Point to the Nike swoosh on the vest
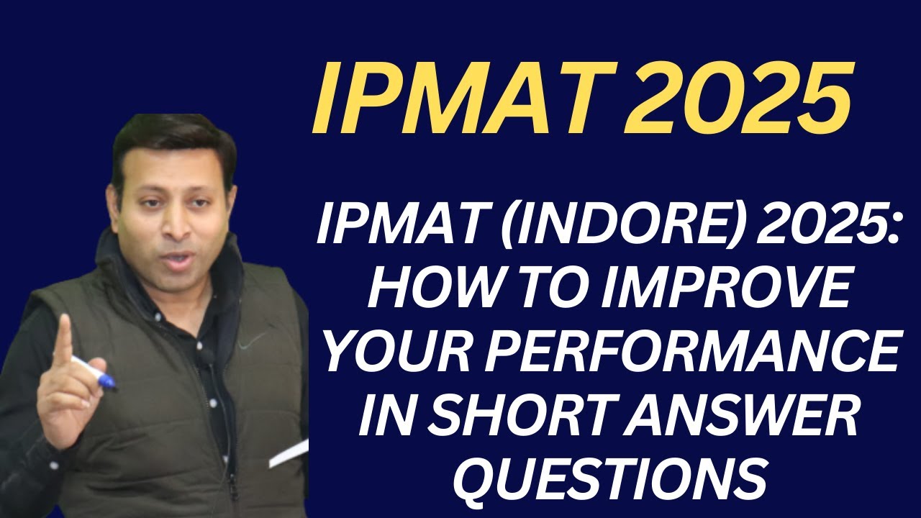[249, 344]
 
